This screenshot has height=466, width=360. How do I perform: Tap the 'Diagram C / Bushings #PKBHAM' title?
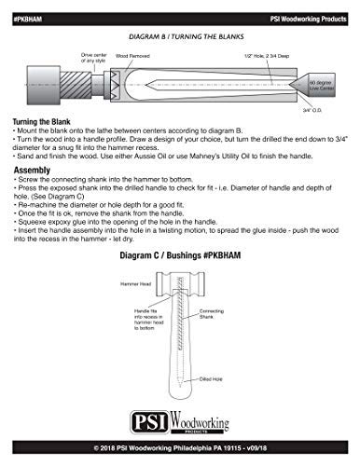pos(180,279)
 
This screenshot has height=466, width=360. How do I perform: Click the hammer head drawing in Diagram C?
pos(180,307)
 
